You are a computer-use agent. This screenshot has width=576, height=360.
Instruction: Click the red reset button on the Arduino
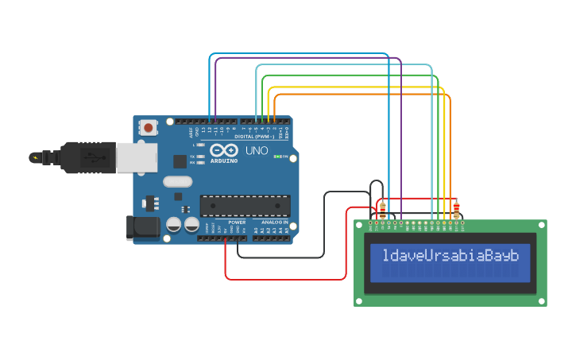148,127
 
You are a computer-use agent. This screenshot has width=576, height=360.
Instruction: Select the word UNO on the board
256,150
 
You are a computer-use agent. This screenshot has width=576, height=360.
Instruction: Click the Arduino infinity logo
223,150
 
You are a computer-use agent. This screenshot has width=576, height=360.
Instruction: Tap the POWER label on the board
237,223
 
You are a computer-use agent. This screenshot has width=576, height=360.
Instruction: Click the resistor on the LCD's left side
384,210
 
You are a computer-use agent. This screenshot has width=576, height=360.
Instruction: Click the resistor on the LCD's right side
456,210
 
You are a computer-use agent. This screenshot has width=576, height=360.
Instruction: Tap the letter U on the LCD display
428,256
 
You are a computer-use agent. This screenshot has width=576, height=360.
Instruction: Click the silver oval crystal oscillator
178,181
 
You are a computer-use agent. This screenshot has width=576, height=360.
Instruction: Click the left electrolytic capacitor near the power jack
173,225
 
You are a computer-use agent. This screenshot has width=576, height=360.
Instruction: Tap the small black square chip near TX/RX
180,161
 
